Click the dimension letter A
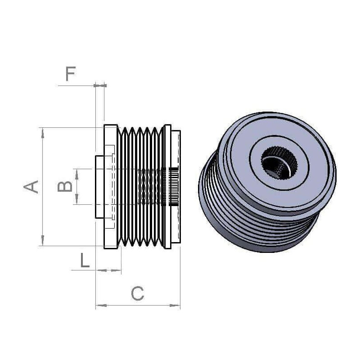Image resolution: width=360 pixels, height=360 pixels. click(31, 186)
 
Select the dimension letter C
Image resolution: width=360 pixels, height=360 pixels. click(137, 294)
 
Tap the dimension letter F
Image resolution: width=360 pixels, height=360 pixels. click(71, 73)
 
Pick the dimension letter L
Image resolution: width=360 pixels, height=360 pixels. click(85, 261)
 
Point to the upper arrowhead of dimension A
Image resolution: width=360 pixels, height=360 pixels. click(43, 131)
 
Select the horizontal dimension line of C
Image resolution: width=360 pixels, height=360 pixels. click(137, 306)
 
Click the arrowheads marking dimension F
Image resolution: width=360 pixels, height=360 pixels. click(100, 85)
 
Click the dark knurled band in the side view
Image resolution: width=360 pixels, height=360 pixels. click(173, 186)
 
